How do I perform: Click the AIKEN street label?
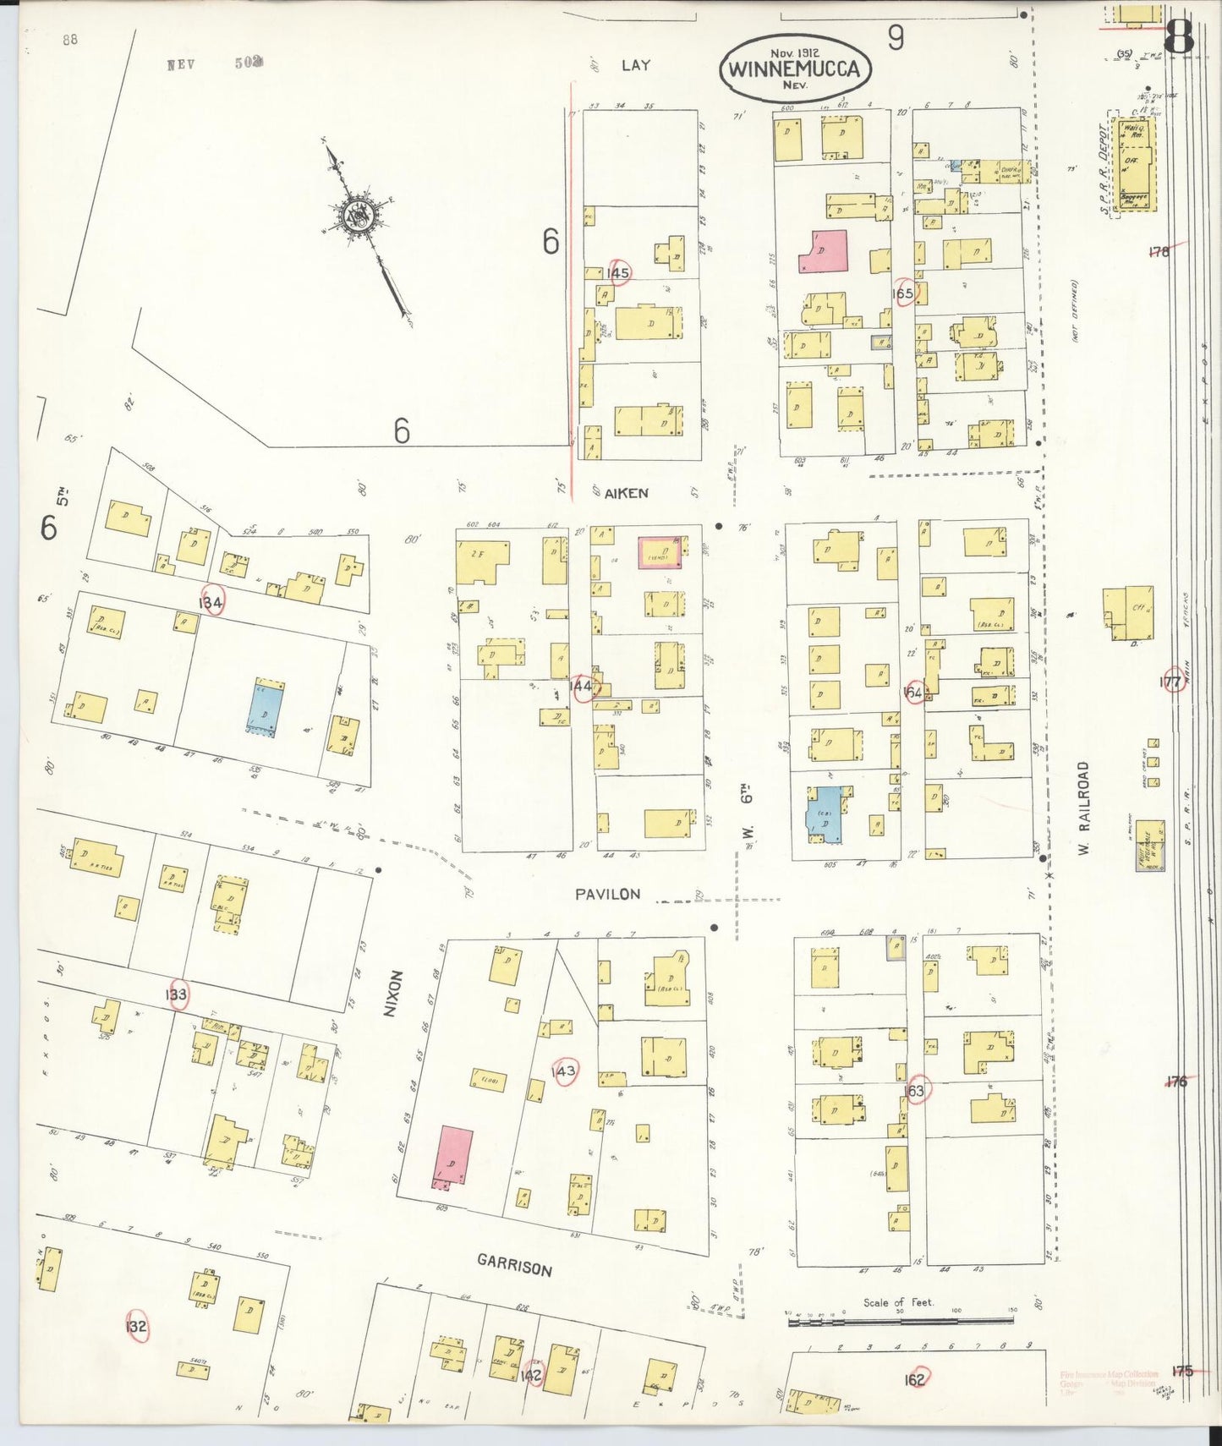click(x=627, y=493)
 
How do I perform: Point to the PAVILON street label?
click(x=607, y=894)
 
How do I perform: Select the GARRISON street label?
click(x=514, y=1265)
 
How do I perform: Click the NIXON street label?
click(x=390, y=993)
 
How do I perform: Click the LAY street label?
click(x=635, y=64)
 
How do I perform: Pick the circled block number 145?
click(x=618, y=272)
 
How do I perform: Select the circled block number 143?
click(x=563, y=1071)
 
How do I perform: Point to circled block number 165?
click(x=903, y=293)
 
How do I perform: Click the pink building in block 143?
click(x=453, y=1157)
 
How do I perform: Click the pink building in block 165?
click(x=823, y=252)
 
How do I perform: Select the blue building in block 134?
click(x=265, y=709)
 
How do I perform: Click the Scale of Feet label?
click(x=898, y=1302)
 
